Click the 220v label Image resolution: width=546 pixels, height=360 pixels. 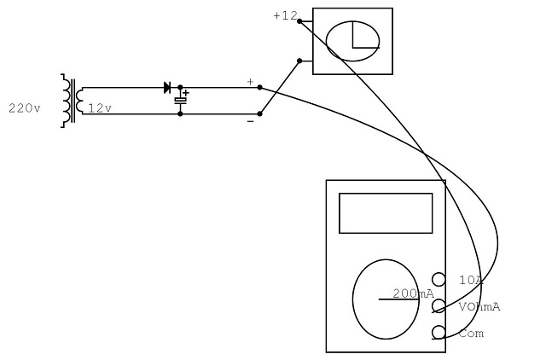pos(25,108)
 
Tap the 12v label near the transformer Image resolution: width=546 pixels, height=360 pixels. pos(100,108)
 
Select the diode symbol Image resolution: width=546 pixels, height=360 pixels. pos(167,87)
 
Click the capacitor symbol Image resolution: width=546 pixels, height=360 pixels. pos(180,101)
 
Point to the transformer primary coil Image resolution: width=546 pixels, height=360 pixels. pos(66,101)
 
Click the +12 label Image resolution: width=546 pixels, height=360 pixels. pos(285,15)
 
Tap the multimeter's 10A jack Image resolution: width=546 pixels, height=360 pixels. pos(439,279)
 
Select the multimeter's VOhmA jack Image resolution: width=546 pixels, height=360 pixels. pos(439,305)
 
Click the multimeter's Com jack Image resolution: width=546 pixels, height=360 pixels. pos(439,332)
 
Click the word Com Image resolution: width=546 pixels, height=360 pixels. pos(471,334)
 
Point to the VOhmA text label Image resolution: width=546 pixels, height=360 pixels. pos(479,307)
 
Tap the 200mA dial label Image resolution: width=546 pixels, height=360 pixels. pos(413,293)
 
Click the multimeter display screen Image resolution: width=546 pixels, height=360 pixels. pos(386,213)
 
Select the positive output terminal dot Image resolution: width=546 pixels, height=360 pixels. pos(259,87)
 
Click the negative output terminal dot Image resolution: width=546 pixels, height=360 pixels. pos(259,113)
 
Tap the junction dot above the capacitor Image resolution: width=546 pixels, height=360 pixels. pos(180,87)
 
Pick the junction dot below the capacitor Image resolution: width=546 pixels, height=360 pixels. pos(180,113)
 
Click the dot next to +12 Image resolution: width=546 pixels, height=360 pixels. pos(299,21)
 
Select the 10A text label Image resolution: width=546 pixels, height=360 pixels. pos(471,281)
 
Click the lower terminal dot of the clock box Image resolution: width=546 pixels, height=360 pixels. pos(299,61)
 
